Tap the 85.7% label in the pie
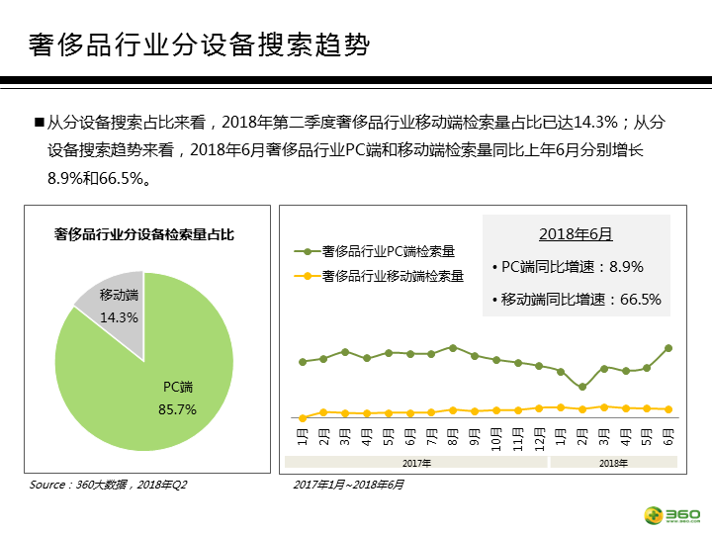click(178, 408)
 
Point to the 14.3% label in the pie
click(120, 317)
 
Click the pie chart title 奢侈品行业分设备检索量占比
click(144, 234)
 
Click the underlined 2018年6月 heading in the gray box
click(576, 234)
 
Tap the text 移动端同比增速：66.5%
click(576, 299)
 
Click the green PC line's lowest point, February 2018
click(582, 387)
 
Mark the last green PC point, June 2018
click(668, 348)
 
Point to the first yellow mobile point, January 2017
click(303, 417)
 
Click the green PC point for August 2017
click(453, 348)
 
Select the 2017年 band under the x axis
click(415, 462)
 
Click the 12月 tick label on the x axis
click(539, 436)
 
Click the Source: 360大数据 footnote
click(108, 485)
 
